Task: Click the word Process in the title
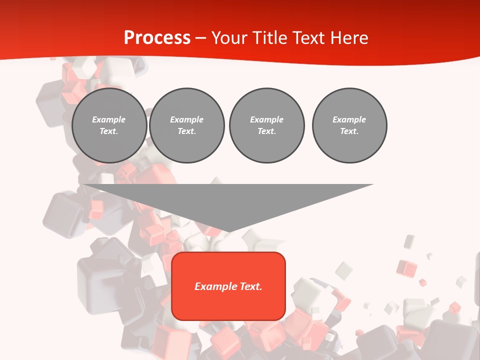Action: (x=157, y=38)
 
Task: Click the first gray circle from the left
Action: (x=109, y=125)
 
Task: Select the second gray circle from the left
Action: (x=187, y=125)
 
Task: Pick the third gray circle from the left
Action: (x=266, y=125)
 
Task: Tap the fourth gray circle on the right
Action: (x=349, y=125)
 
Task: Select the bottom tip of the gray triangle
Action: (x=228, y=231)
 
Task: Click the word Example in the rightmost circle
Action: (x=349, y=119)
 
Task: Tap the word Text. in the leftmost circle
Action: (x=109, y=131)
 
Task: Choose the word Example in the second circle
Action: (x=187, y=119)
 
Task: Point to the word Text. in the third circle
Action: (x=266, y=131)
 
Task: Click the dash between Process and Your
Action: (x=201, y=38)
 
